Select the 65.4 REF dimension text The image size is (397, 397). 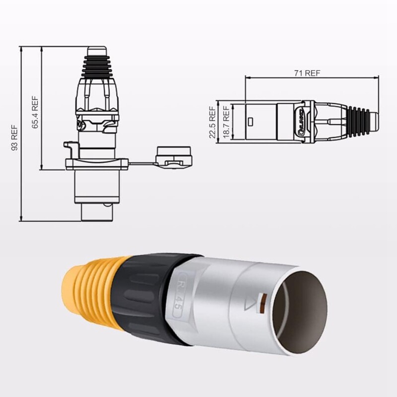click(x=35, y=112)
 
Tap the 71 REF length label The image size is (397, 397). click(x=307, y=73)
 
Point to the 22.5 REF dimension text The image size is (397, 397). click(x=212, y=122)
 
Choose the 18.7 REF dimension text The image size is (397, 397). click(x=226, y=122)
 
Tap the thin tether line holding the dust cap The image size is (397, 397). click(x=142, y=164)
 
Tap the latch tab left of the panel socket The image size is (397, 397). click(x=70, y=148)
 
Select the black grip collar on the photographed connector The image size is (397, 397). click(x=144, y=298)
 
